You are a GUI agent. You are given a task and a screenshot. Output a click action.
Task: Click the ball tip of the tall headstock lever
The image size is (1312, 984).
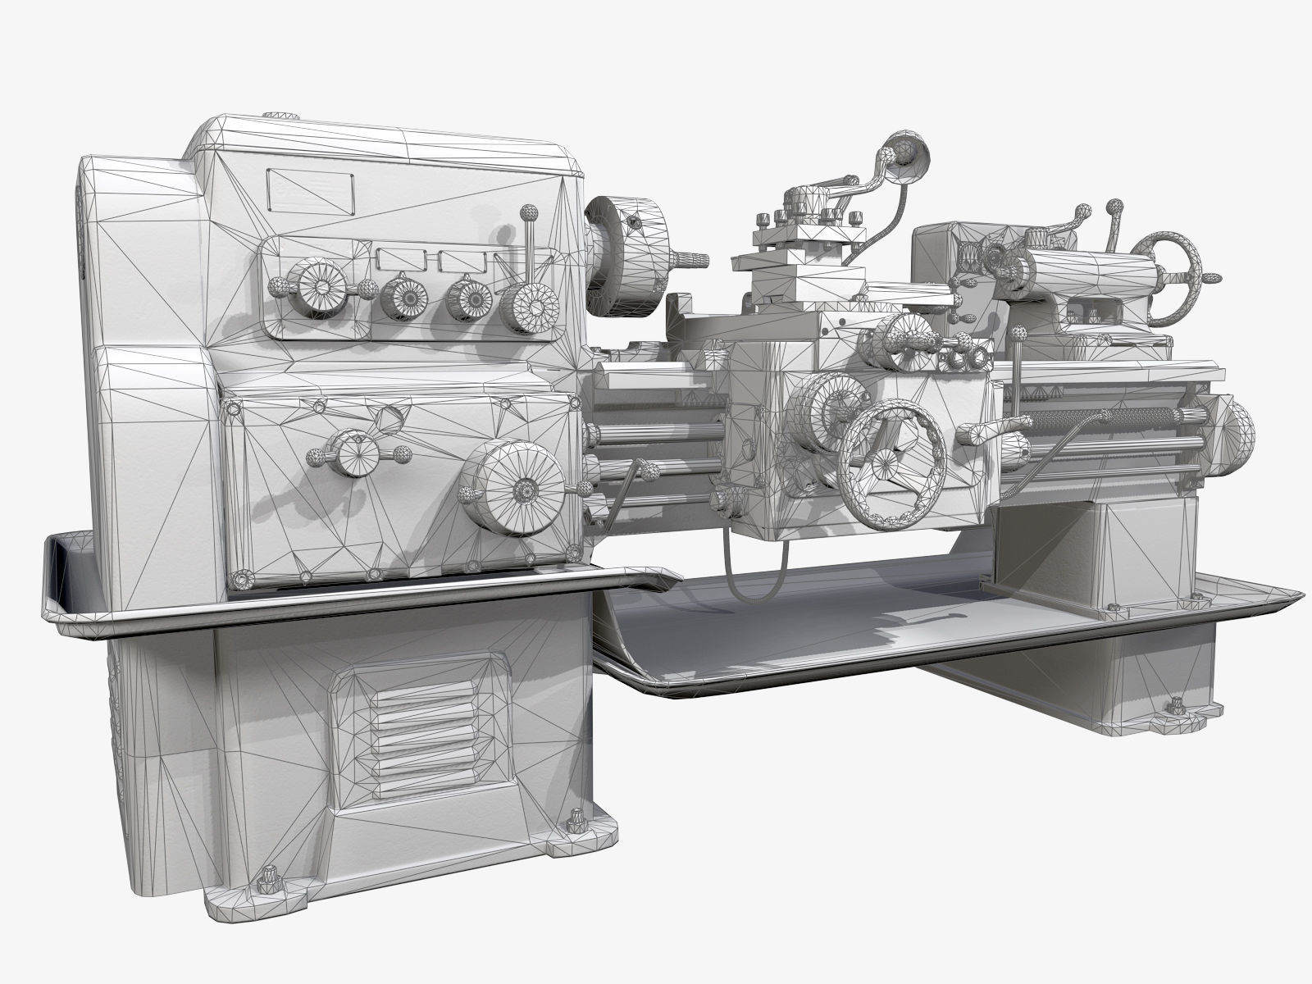528,215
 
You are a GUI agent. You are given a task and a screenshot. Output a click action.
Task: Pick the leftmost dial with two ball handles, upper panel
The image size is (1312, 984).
318,287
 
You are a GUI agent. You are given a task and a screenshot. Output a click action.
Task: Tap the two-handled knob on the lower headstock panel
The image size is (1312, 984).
356,453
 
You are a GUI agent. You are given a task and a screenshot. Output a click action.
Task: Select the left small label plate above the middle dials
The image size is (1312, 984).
399,260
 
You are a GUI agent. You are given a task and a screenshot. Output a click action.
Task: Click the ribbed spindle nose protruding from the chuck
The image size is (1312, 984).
689,260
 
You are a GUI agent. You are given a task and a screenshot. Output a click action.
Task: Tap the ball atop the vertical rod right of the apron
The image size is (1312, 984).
1019,334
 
